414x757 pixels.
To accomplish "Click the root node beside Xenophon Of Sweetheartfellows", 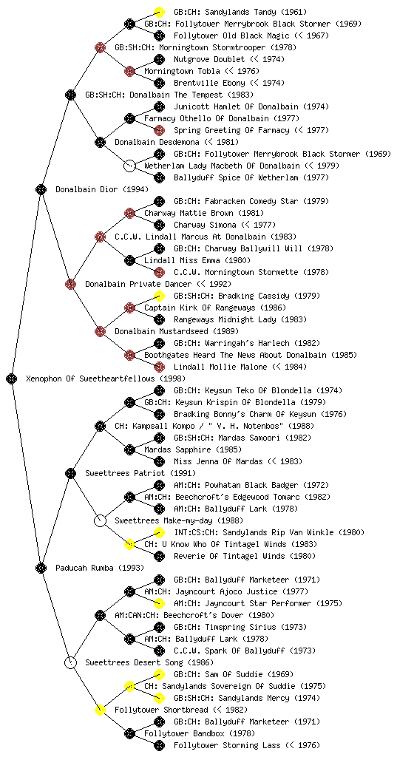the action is pyautogui.click(x=12, y=378).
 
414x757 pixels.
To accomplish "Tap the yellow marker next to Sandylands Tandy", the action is pyautogui.click(x=159, y=12).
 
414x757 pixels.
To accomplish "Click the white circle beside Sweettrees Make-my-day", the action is pyautogui.click(x=100, y=520).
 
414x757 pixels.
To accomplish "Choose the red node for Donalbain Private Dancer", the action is pyautogui.click(x=70, y=284).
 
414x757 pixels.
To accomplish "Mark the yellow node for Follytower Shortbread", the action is pyautogui.click(x=100, y=710).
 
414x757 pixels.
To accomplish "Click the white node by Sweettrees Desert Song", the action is pyautogui.click(x=70, y=662).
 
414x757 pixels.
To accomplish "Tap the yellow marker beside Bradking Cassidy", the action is pyautogui.click(x=159, y=296).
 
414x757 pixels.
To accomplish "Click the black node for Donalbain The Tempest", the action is pyautogui.click(x=70, y=95).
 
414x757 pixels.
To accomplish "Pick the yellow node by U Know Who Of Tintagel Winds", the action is pyautogui.click(x=129, y=544).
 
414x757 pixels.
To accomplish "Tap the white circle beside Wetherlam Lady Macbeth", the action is pyautogui.click(x=129, y=166).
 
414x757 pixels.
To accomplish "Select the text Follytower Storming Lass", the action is pyautogui.click(x=227, y=745).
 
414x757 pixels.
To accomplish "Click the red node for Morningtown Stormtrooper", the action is pyautogui.click(x=100, y=47).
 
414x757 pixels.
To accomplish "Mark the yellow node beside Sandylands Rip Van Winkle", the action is pyautogui.click(x=159, y=532).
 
